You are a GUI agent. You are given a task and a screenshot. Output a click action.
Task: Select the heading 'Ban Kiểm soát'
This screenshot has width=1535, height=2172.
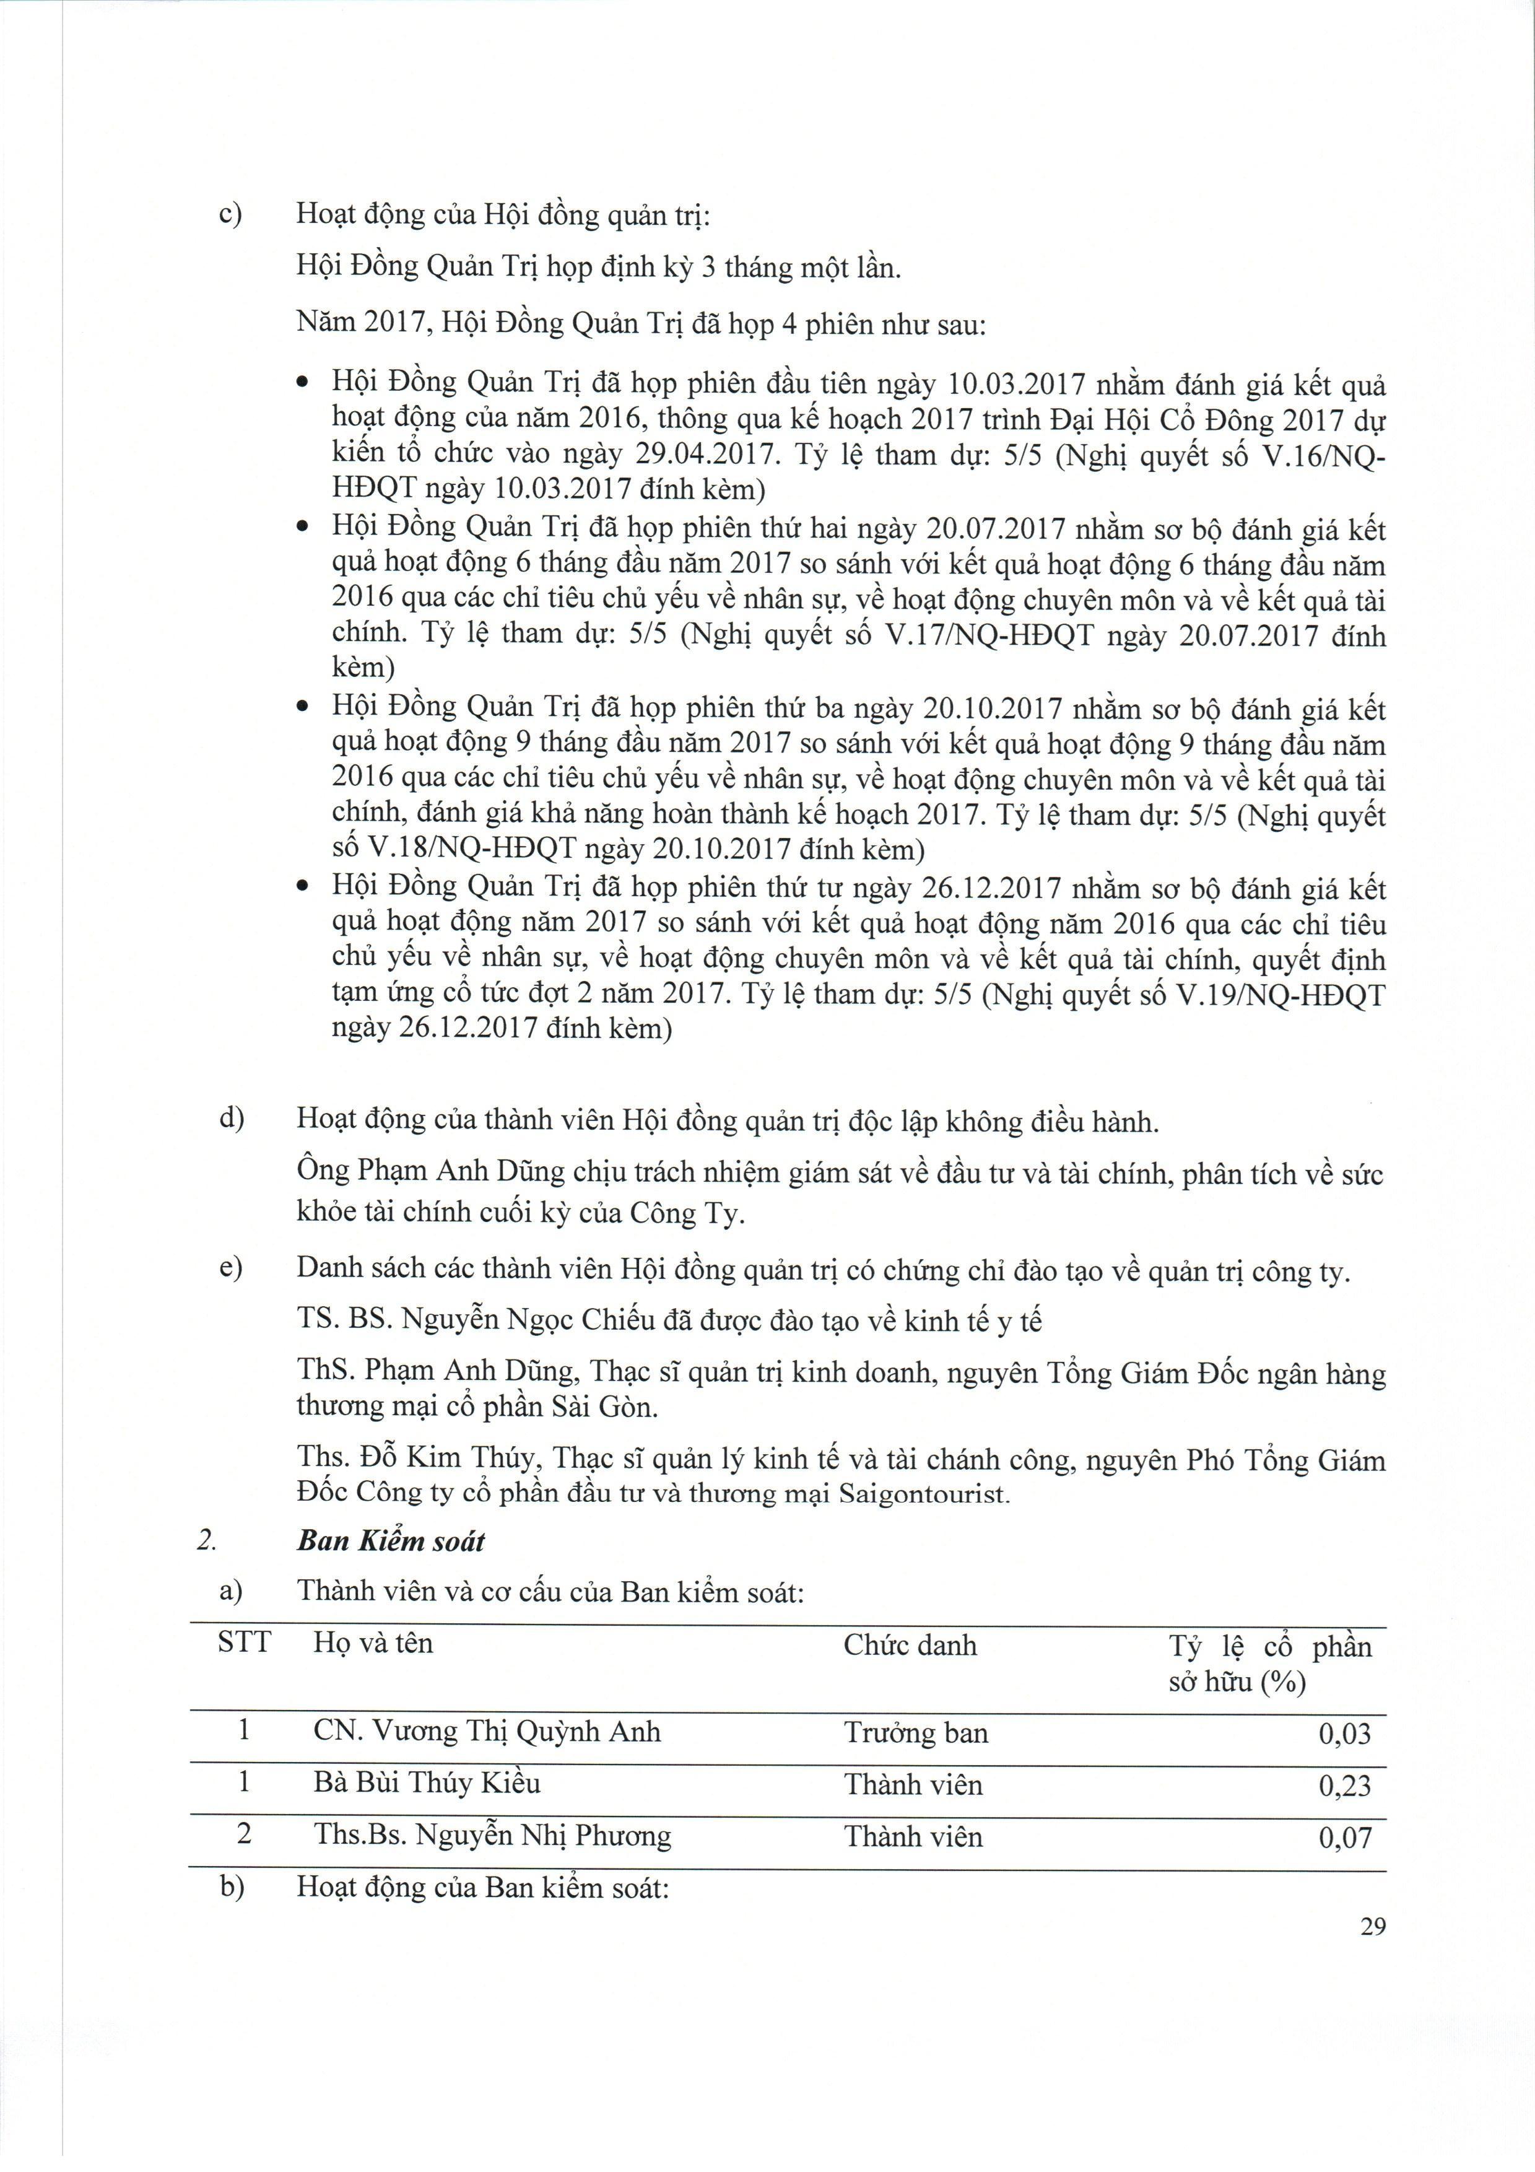pyautogui.click(x=391, y=1541)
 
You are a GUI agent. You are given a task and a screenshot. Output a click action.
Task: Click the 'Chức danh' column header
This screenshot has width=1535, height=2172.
pyautogui.click(x=910, y=1645)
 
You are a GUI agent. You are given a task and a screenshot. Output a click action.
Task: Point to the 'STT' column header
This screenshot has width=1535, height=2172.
pyautogui.click(x=244, y=1642)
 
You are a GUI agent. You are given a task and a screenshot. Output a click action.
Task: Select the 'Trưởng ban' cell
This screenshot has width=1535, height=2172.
pyautogui.click(x=916, y=1733)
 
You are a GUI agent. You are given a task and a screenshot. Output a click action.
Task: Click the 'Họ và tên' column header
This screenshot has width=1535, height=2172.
pyautogui.click(x=373, y=1643)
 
